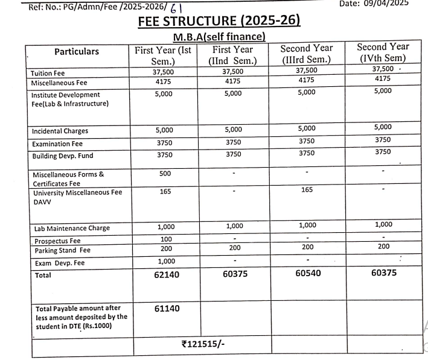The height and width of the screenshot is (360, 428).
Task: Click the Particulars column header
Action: (x=76, y=52)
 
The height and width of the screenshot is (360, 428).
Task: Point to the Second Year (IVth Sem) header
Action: (x=383, y=52)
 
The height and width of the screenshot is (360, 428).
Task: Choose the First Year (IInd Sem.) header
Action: (x=233, y=55)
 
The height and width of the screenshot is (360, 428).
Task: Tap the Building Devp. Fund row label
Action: (x=59, y=156)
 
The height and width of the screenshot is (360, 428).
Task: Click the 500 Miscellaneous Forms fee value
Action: (x=164, y=174)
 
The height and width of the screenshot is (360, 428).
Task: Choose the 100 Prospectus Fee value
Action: (x=164, y=239)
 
